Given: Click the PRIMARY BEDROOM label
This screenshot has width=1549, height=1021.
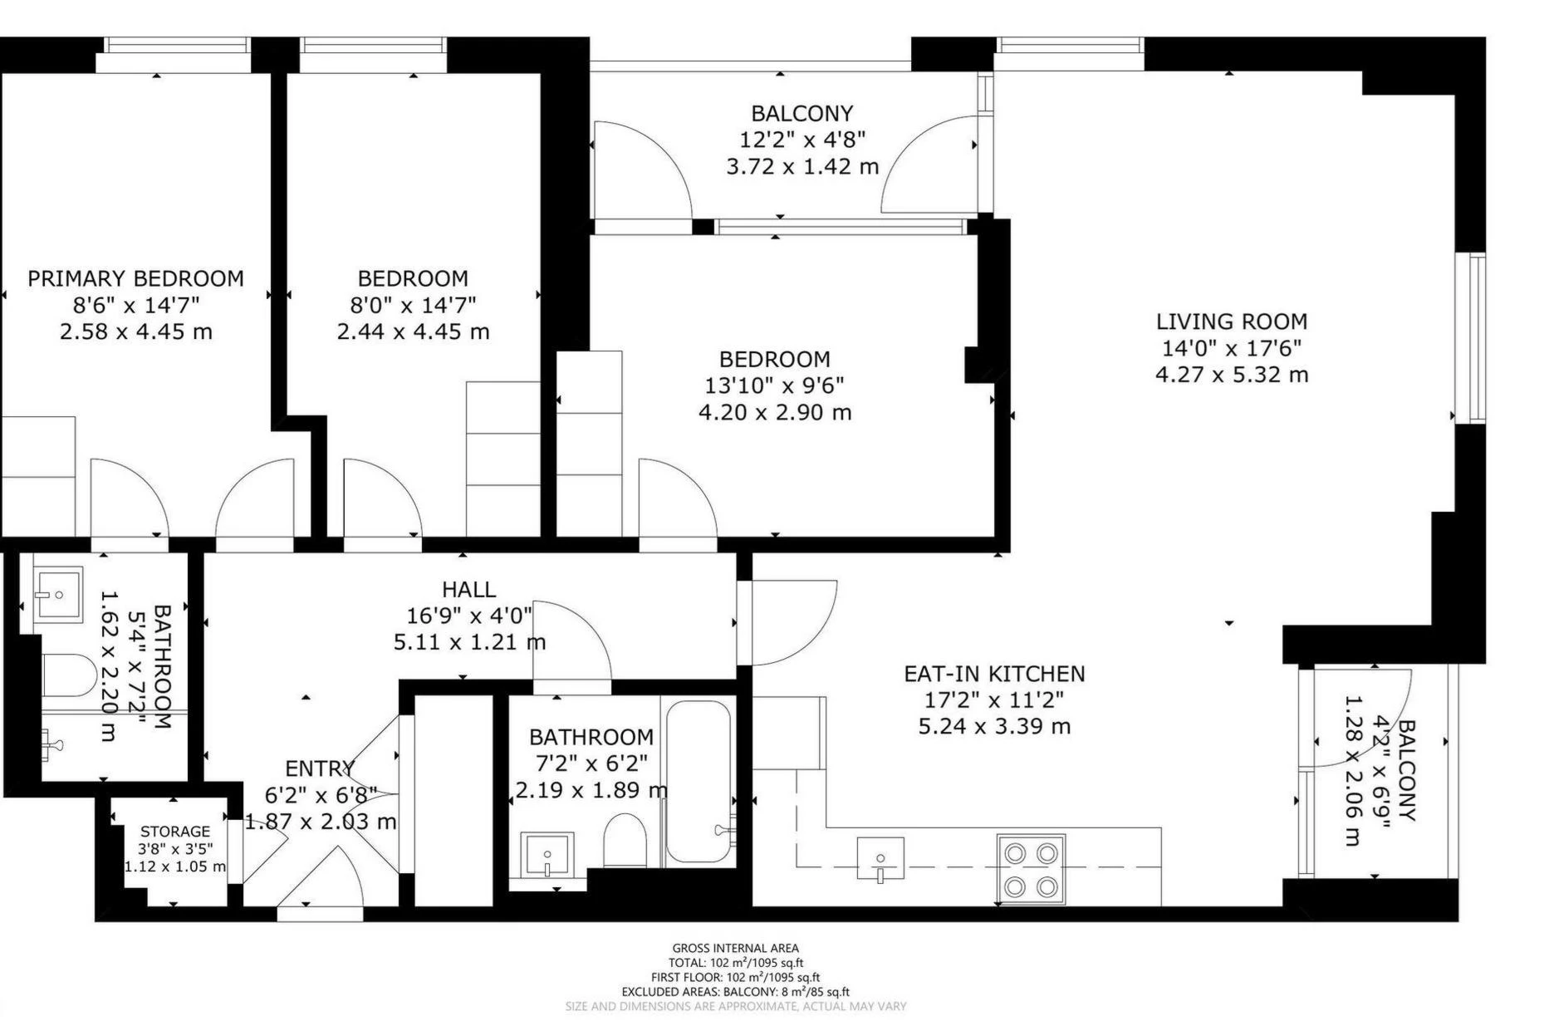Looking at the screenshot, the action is [136, 278].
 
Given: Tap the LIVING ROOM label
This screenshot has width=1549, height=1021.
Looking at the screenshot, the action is [1232, 322].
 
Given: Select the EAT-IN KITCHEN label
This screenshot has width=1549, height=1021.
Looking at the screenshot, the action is [994, 674].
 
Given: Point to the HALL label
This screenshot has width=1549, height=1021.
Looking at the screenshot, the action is [469, 590].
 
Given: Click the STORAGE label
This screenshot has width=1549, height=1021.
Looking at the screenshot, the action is [175, 832].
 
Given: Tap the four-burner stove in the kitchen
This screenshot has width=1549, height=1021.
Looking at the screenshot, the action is [1031, 869].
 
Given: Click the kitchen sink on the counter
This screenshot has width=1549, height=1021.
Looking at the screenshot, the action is [880, 858].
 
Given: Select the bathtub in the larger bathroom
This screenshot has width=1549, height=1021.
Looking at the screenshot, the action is [699, 782].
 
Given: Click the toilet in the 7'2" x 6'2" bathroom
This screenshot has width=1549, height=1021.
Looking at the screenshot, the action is [625, 841].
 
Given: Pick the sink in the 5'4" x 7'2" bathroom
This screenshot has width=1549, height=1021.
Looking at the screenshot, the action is [57, 594].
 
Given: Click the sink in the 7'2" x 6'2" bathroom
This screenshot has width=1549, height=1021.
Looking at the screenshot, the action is [547, 854].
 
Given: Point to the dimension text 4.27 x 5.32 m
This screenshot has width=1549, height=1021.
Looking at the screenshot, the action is [1232, 375].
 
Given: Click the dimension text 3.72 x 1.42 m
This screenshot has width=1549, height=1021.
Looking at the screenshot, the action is [802, 167].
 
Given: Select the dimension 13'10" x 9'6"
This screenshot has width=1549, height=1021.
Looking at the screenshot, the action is [775, 385].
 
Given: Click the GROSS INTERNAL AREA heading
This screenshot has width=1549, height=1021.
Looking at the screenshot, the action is [736, 948].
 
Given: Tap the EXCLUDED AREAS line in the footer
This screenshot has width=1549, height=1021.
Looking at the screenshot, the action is [736, 992].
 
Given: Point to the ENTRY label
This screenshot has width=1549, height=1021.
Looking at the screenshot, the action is [320, 768].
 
